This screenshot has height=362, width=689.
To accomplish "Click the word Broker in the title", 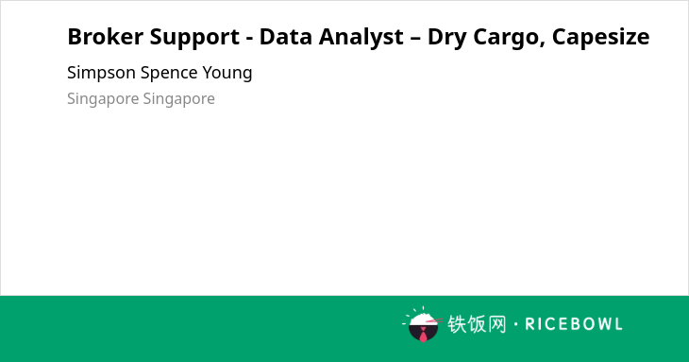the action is click(x=105, y=37).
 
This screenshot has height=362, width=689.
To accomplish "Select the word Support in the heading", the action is click(x=194, y=38).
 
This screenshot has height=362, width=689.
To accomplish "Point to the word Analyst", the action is click(x=361, y=38).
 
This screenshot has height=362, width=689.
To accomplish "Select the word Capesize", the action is click(x=600, y=38).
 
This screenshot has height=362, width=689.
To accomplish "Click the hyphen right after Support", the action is click(x=249, y=38).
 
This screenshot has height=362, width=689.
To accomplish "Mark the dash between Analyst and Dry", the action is click(x=415, y=38).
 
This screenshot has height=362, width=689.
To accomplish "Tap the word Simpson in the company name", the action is click(x=102, y=73).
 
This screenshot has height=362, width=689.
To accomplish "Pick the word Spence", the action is click(x=169, y=73).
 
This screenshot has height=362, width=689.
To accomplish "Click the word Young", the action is click(x=227, y=74).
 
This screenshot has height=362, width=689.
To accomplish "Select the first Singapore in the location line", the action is click(x=103, y=99).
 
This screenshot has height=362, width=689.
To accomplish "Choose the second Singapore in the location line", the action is click(x=178, y=99).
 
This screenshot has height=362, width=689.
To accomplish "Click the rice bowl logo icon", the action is click(x=423, y=324).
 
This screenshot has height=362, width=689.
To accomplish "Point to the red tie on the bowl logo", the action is click(x=423, y=335).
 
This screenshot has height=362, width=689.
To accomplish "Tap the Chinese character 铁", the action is click(x=457, y=324).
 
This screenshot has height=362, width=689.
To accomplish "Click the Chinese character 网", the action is click(x=496, y=324).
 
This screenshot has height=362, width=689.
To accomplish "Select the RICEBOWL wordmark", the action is click(x=574, y=324).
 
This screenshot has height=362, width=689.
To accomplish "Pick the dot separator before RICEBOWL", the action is click(x=515, y=324).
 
